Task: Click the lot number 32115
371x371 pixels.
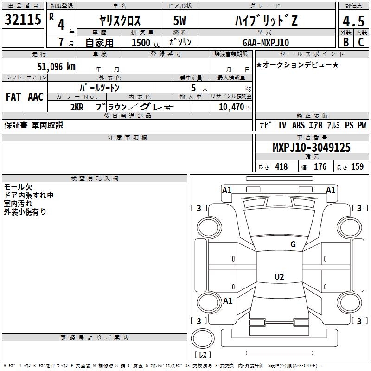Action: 23,19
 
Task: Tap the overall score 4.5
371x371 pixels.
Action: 353,21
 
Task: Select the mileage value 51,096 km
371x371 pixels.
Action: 57,67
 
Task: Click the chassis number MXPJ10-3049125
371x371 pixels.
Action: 311,147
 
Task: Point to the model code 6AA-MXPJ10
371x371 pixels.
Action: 266,43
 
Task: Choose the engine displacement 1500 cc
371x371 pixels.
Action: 146,43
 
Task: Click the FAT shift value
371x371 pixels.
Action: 13,97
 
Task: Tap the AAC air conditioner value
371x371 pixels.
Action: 36,97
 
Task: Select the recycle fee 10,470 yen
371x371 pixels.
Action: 235,107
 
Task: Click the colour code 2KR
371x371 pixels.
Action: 77,107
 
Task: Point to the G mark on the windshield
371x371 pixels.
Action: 293,244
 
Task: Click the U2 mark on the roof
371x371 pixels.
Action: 279,276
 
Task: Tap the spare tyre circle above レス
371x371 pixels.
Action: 203,339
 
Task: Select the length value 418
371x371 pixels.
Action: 281,166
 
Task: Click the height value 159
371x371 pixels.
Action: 357,166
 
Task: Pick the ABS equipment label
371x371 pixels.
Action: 298,125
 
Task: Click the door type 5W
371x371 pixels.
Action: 179,20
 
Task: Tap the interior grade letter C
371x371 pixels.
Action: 361,42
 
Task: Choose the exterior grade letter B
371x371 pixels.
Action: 346,42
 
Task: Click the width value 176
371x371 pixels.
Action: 320,166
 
